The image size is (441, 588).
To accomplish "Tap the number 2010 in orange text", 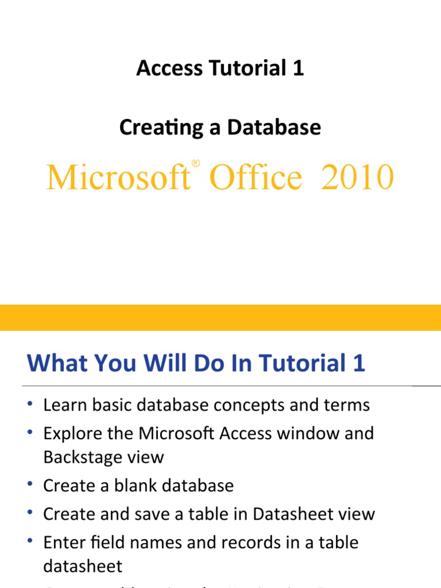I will coord(358,177).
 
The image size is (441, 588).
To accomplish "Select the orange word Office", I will coord(255,177).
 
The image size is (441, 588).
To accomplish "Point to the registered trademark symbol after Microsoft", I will coord(196,164).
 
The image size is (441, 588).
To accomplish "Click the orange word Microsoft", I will coord(118,177).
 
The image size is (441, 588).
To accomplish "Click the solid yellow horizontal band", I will coord(220,318).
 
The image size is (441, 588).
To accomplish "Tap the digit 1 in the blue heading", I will coord(359,363).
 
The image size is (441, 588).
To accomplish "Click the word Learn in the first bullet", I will coord(64,405).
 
